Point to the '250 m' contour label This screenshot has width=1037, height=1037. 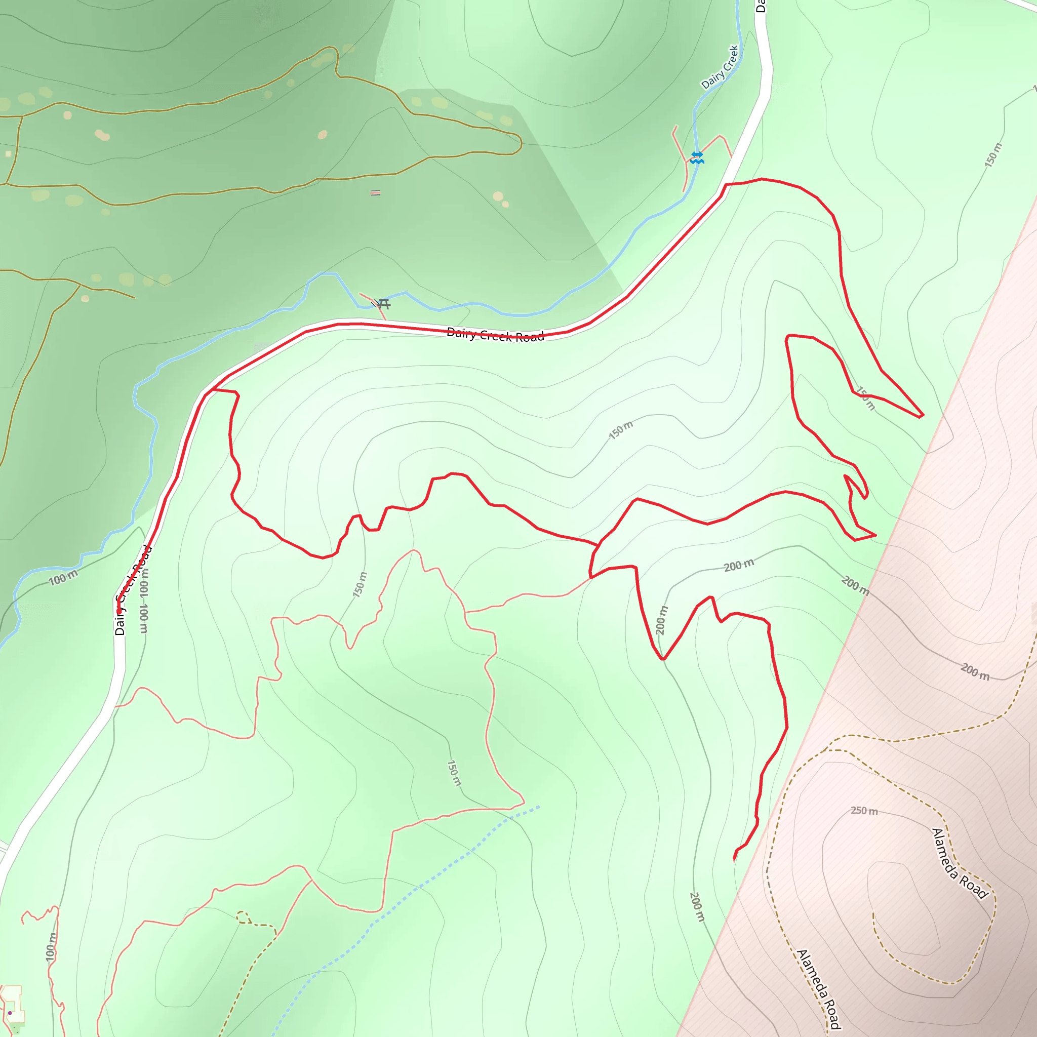[864, 811]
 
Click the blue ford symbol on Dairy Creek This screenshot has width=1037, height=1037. [697, 157]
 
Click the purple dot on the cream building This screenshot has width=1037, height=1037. [10, 1013]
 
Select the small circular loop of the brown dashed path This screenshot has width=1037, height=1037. [243, 918]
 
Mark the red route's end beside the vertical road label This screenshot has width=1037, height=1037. [119, 611]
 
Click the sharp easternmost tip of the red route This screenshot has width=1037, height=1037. [923, 415]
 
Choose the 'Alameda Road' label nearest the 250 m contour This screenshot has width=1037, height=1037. [960, 864]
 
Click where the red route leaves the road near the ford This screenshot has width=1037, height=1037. [726, 185]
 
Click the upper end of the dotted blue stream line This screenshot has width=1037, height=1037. [539, 806]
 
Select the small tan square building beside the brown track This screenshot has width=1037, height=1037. [8, 154]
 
